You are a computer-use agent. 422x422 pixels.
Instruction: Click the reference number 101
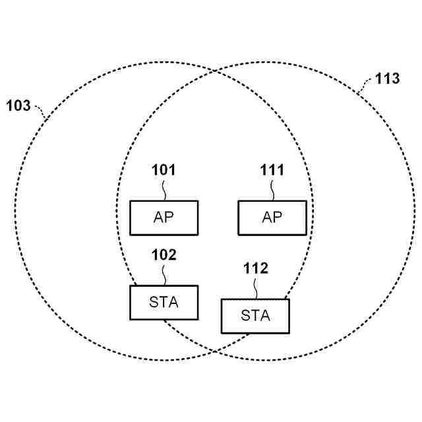tap(164, 171)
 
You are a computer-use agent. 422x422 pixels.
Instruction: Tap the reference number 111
tap(272, 171)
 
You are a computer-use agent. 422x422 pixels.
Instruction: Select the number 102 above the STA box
tap(164, 255)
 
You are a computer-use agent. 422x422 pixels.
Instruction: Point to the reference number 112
tap(255, 269)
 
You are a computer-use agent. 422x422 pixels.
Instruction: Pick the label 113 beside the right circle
tap(387, 79)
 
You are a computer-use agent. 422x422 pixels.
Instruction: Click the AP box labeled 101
tap(164, 218)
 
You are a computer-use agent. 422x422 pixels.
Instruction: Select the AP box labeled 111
tap(272, 218)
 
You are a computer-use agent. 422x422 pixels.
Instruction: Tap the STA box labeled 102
tap(164, 302)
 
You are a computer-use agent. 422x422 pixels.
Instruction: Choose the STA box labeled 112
tap(255, 316)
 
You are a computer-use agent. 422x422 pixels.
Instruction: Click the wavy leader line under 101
tap(164, 189)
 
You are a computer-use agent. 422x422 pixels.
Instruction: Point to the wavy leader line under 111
tap(273, 189)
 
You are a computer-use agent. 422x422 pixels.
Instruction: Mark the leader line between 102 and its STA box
tap(164, 274)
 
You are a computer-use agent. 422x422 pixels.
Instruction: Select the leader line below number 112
tap(256, 288)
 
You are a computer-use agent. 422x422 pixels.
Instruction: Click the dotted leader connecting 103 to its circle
tap(40, 111)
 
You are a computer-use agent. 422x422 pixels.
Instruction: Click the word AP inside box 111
tap(272, 218)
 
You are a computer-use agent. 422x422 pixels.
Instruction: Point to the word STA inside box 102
tap(164, 302)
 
